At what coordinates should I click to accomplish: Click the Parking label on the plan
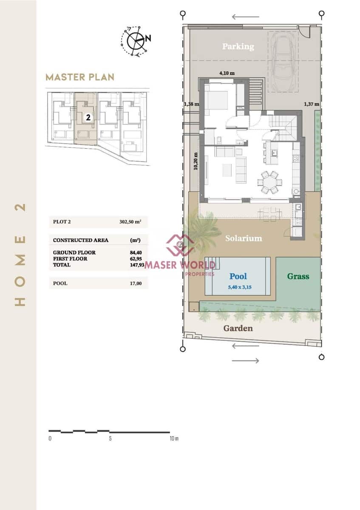click(238, 46)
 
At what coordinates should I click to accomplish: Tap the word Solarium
click(244, 238)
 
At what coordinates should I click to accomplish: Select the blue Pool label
click(238, 276)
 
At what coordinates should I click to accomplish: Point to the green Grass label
click(298, 276)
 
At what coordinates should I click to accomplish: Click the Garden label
click(238, 328)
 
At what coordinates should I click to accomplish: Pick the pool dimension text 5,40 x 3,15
click(240, 287)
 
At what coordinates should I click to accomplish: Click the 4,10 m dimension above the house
click(227, 73)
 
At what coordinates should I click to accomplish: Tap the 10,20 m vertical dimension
click(196, 161)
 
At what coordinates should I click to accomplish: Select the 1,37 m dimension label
click(312, 104)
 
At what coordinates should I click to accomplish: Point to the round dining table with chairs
click(269, 183)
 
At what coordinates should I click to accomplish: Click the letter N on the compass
click(148, 38)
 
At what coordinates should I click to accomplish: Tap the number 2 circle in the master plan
click(88, 117)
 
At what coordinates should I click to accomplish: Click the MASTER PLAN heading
click(80, 77)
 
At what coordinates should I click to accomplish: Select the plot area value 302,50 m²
click(130, 222)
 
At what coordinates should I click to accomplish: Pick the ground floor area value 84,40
click(136, 252)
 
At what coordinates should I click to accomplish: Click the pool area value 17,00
click(136, 283)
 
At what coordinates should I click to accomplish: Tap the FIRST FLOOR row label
click(70, 259)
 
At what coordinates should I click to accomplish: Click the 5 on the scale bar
click(110, 438)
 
